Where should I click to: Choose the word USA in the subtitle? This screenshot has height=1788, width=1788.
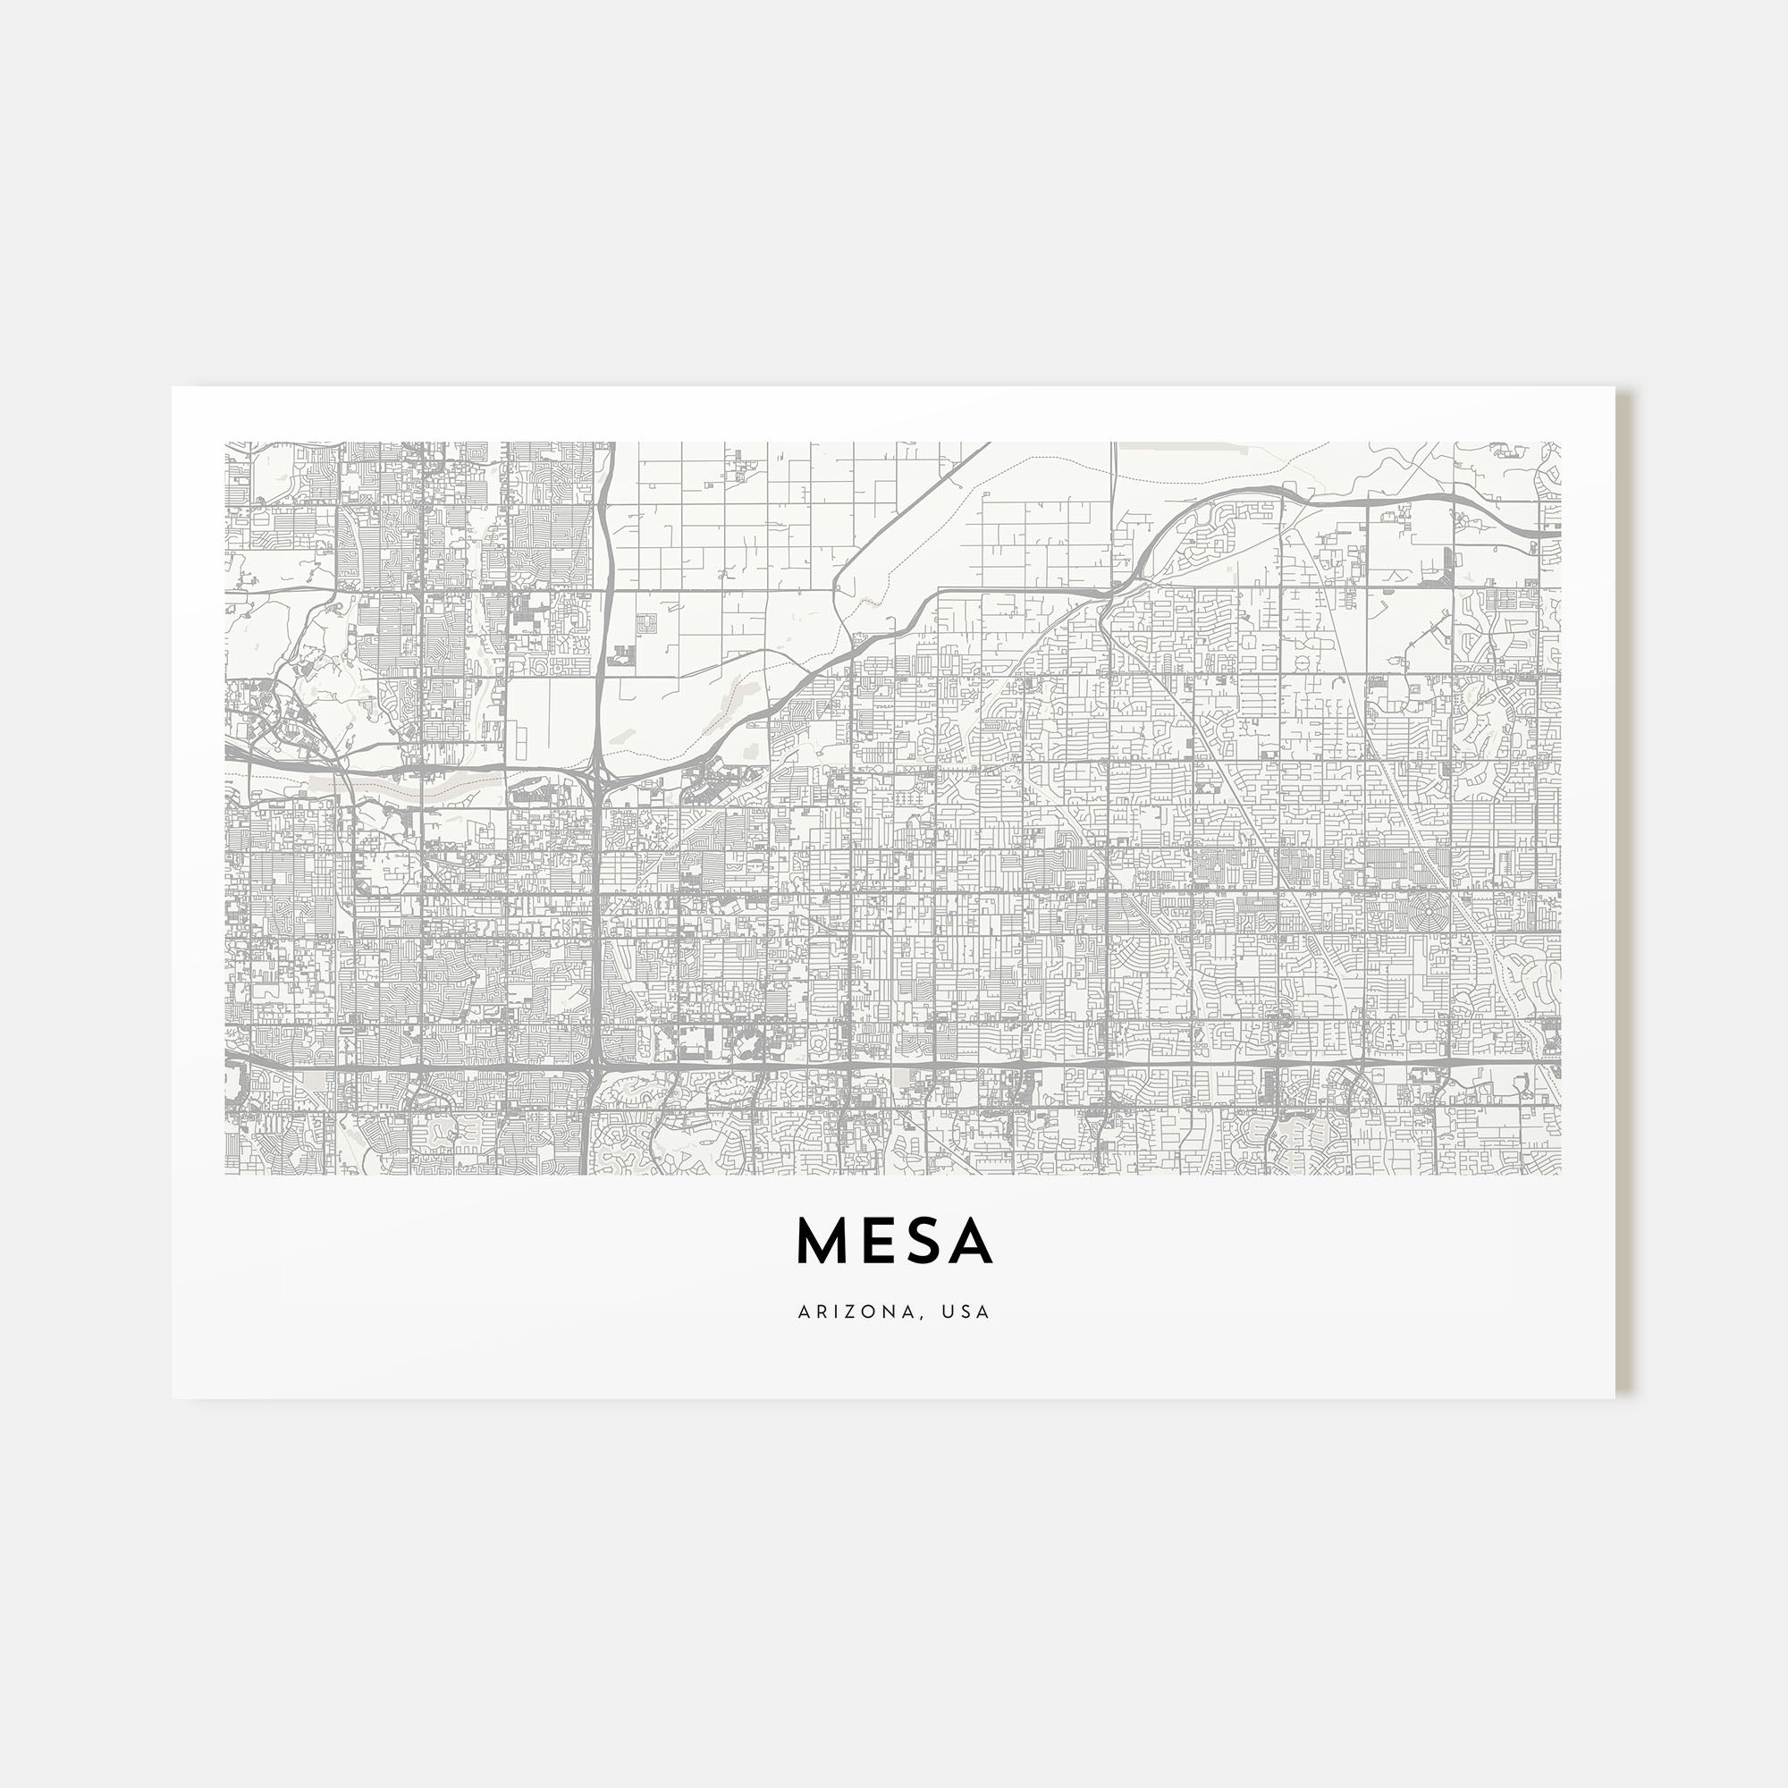click(965, 1312)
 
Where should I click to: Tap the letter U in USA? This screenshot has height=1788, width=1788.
click(946, 1312)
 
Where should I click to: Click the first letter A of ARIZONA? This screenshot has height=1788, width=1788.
click(804, 1312)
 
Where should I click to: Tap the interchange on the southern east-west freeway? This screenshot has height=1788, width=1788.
click(594, 1067)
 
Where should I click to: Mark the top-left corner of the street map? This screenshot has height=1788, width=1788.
click(226, 443)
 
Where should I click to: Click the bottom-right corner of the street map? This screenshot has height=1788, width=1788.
click(1560, 1175)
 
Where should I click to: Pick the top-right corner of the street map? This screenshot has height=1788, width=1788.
click(1560, 443)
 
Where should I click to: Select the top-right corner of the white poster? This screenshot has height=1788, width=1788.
click(1615, 387)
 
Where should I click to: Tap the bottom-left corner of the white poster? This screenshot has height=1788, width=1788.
click(173, 1398)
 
